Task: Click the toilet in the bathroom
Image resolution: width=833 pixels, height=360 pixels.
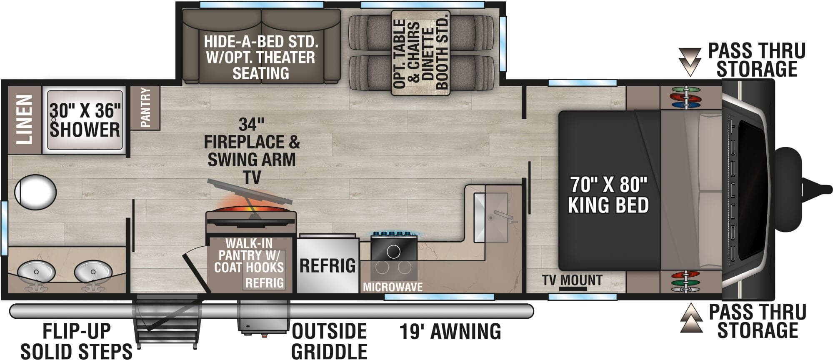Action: tap(35, 192)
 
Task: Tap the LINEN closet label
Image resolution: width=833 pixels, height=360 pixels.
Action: tap(24, 119)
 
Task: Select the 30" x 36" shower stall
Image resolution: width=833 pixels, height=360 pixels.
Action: tap(85, 120)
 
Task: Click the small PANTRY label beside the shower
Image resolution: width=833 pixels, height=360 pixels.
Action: tap(145, 107)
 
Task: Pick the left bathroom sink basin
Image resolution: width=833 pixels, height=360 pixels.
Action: tap(36, 272)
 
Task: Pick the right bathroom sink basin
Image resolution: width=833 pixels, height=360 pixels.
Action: tap(93, 272)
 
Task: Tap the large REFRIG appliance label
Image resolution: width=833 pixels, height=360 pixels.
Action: tap(328, 266)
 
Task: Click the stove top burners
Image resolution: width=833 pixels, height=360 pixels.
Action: tap(393, 252)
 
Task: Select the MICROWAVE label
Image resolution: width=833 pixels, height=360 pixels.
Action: tap(393, 287)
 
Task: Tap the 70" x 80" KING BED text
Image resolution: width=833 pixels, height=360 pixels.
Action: tap(608, 195)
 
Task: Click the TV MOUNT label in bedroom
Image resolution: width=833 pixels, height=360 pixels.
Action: tap(572, 280)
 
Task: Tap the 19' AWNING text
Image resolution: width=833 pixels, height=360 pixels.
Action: tap(450, 332)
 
